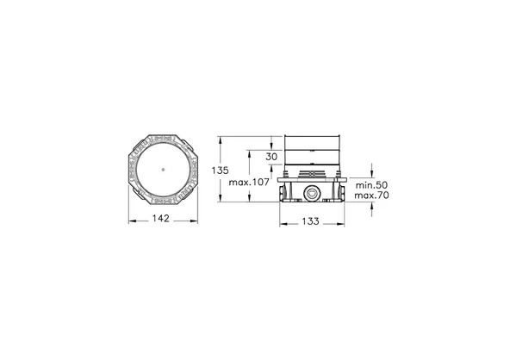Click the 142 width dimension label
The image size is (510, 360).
161,219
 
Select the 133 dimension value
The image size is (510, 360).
311,221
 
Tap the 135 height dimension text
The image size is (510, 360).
221,170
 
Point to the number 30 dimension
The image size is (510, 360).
271,157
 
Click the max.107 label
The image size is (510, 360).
249,182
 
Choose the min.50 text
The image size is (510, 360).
371,185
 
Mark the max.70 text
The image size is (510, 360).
371,196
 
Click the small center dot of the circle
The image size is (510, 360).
163,170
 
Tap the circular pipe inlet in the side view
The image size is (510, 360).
311,194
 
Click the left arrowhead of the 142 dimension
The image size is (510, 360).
132,221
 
